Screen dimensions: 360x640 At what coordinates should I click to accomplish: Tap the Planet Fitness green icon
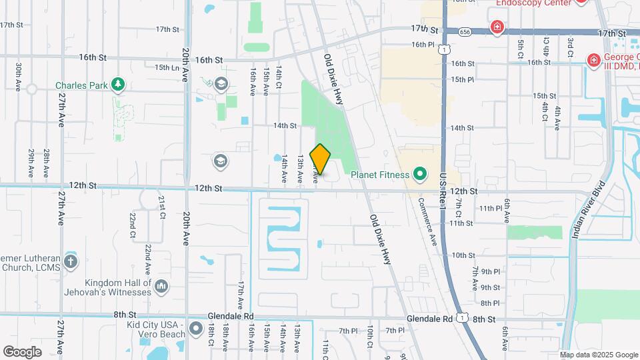[x=419, y=175]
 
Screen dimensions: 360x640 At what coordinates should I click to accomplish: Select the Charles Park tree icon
[x=118, y=84]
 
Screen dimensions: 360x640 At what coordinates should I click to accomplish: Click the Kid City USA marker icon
[x=195, y=329]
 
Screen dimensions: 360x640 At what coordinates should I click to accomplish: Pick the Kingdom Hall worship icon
[x=161, y=287]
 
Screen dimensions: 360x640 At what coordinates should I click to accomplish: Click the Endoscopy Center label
[x=534, y=3]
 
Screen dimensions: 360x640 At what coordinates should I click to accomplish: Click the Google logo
[x=22, y=351]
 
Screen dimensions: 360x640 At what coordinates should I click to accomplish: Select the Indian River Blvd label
[x=586, y=210]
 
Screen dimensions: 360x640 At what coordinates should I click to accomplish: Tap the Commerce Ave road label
[x=427, y=220]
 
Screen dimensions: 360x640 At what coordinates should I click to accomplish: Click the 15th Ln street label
[x=167, y=67]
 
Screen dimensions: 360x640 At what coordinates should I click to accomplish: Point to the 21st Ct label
[x=162, y=207]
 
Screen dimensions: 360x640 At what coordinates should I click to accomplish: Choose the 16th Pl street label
[x=423, y=45]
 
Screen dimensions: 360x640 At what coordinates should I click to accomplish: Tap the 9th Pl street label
[x=490, y=271]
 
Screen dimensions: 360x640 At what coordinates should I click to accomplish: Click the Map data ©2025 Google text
[x=598, y=355]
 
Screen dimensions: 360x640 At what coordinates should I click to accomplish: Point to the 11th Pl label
[x=490, y=209]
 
